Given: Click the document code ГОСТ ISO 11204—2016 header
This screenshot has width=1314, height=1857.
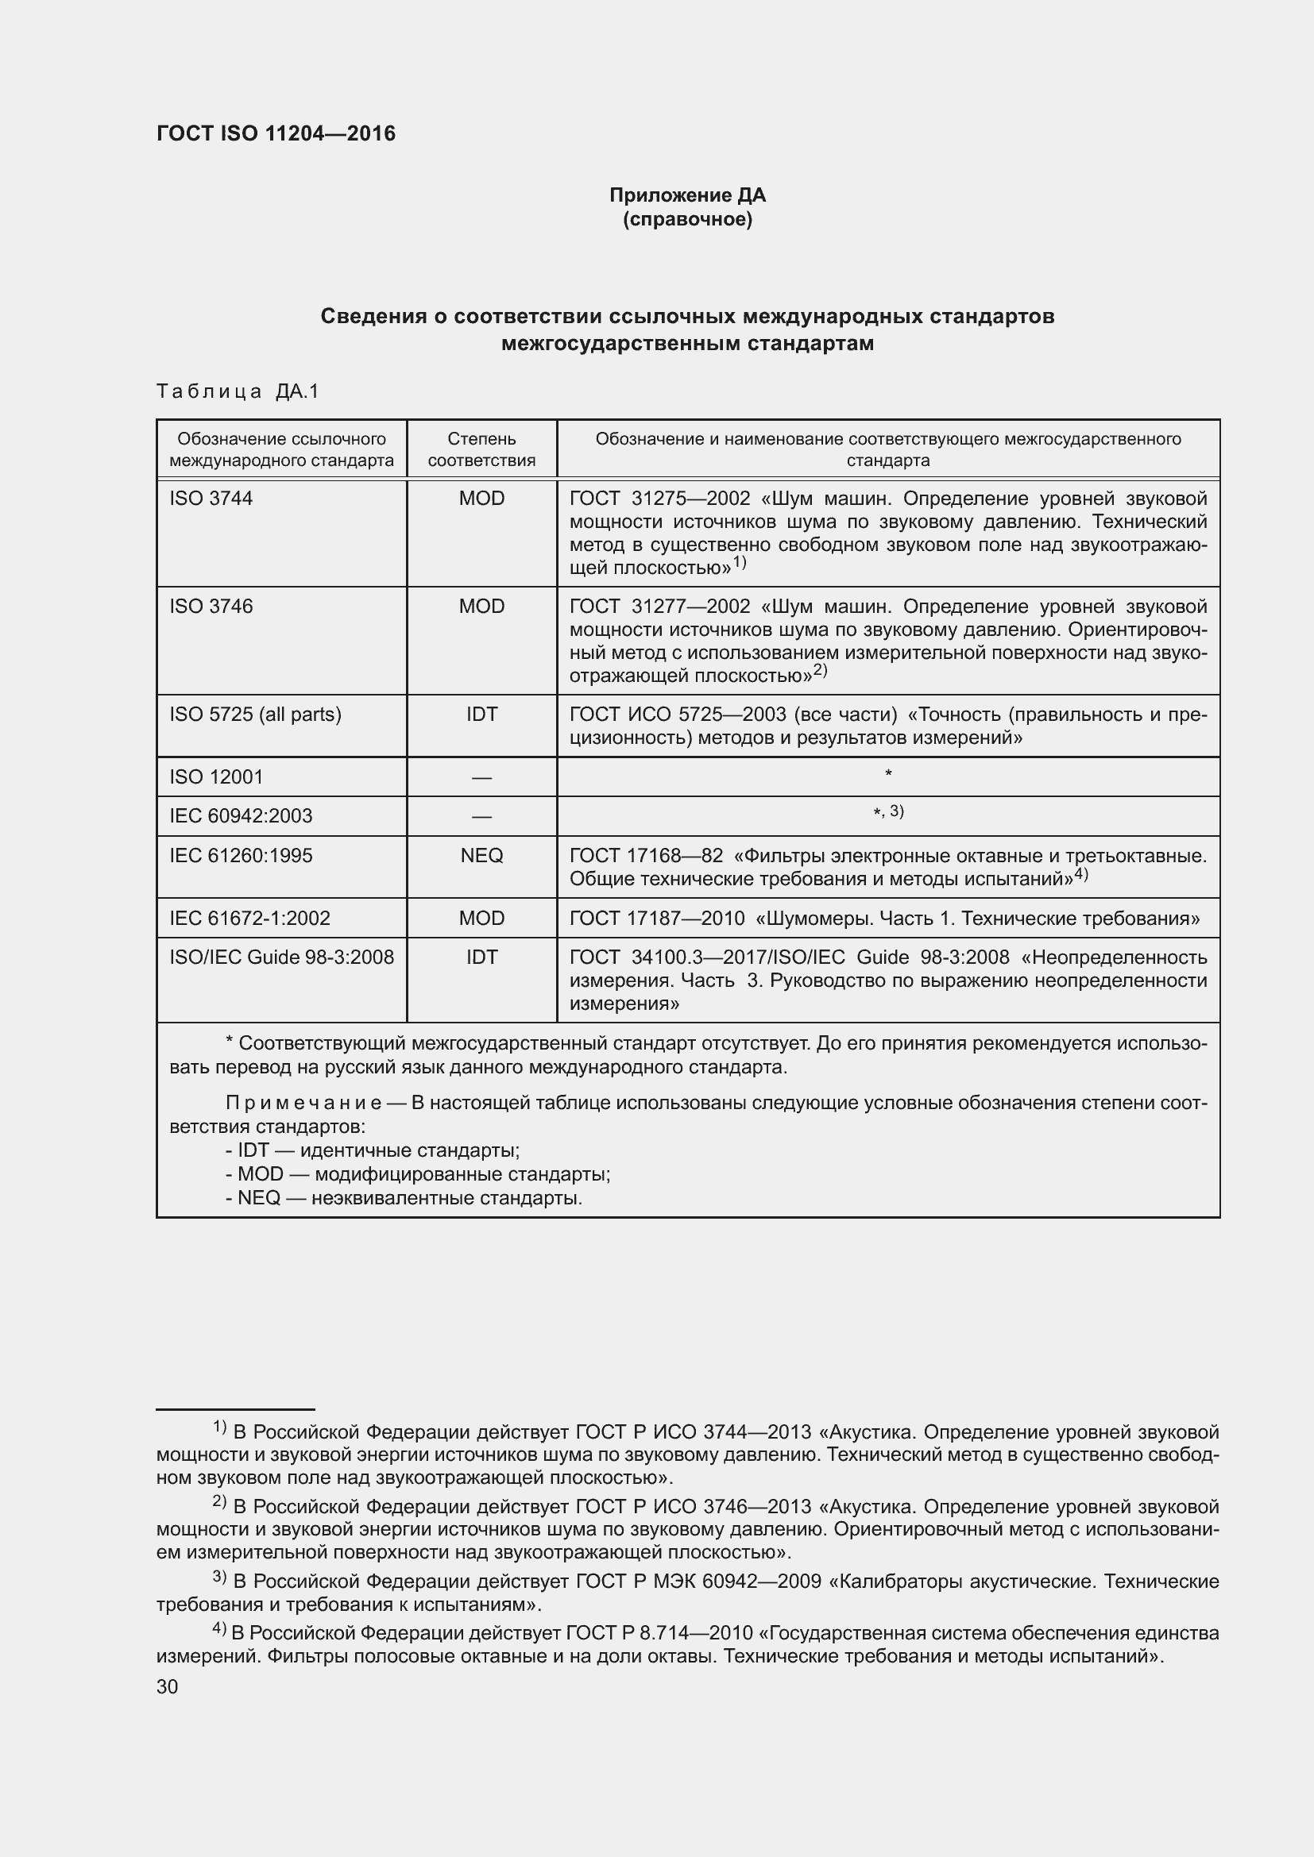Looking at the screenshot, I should [276, 133].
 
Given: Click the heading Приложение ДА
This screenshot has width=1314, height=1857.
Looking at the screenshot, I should [687, 195].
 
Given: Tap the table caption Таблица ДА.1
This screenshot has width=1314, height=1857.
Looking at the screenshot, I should [238, 391].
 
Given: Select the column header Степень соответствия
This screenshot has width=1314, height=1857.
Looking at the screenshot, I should [481, 449].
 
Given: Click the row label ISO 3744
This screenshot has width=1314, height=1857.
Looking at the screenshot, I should [211, 499].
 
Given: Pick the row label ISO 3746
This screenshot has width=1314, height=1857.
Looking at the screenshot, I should [211, 607].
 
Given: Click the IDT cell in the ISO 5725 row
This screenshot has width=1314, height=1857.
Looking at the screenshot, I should [481, 715].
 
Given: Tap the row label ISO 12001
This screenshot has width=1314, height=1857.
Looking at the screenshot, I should [216, 777].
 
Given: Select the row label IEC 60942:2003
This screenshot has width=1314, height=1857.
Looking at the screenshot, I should [240, 816].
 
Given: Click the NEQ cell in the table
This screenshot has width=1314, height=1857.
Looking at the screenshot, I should [481, 856].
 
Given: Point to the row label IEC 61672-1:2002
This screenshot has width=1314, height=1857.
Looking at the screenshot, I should [249, 918].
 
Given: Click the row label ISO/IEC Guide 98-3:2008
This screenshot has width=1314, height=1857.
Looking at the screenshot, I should [280, 957].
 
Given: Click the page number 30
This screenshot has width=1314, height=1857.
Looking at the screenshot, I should [168, 1686].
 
